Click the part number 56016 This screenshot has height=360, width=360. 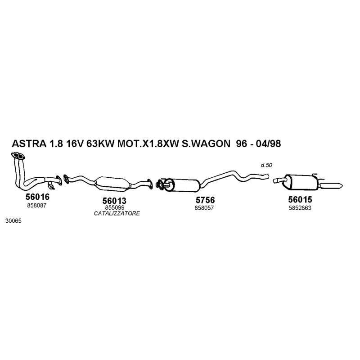pyautogui.click(x=37, y=197)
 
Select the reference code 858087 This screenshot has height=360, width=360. pyautogui.click(x=37, y=206)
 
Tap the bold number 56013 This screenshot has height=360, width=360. pyautogui.click(x=114, y=201)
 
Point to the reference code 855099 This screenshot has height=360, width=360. pyautogui.click(x=115, y=207)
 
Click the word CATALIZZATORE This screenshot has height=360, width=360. pyautogui.click(x=117, y=213)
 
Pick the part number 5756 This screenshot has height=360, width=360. pyautogui.click(x=205, y=200)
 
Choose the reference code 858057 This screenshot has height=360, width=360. pyautogui.click(x=204, y=208)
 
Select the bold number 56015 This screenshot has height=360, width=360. pyautogui.click(x=300, y=199)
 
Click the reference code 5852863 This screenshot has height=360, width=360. pyautogui.click(x=300, y=208)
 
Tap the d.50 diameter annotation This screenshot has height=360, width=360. pyautogui.click(x=266, y=165)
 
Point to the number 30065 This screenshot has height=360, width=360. pyautogui.click(x=13, y=221)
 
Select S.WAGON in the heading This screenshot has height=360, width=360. pyautogui.click(x=206, y=144)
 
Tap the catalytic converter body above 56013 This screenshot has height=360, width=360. pyautogui.click(x=112, y=184)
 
